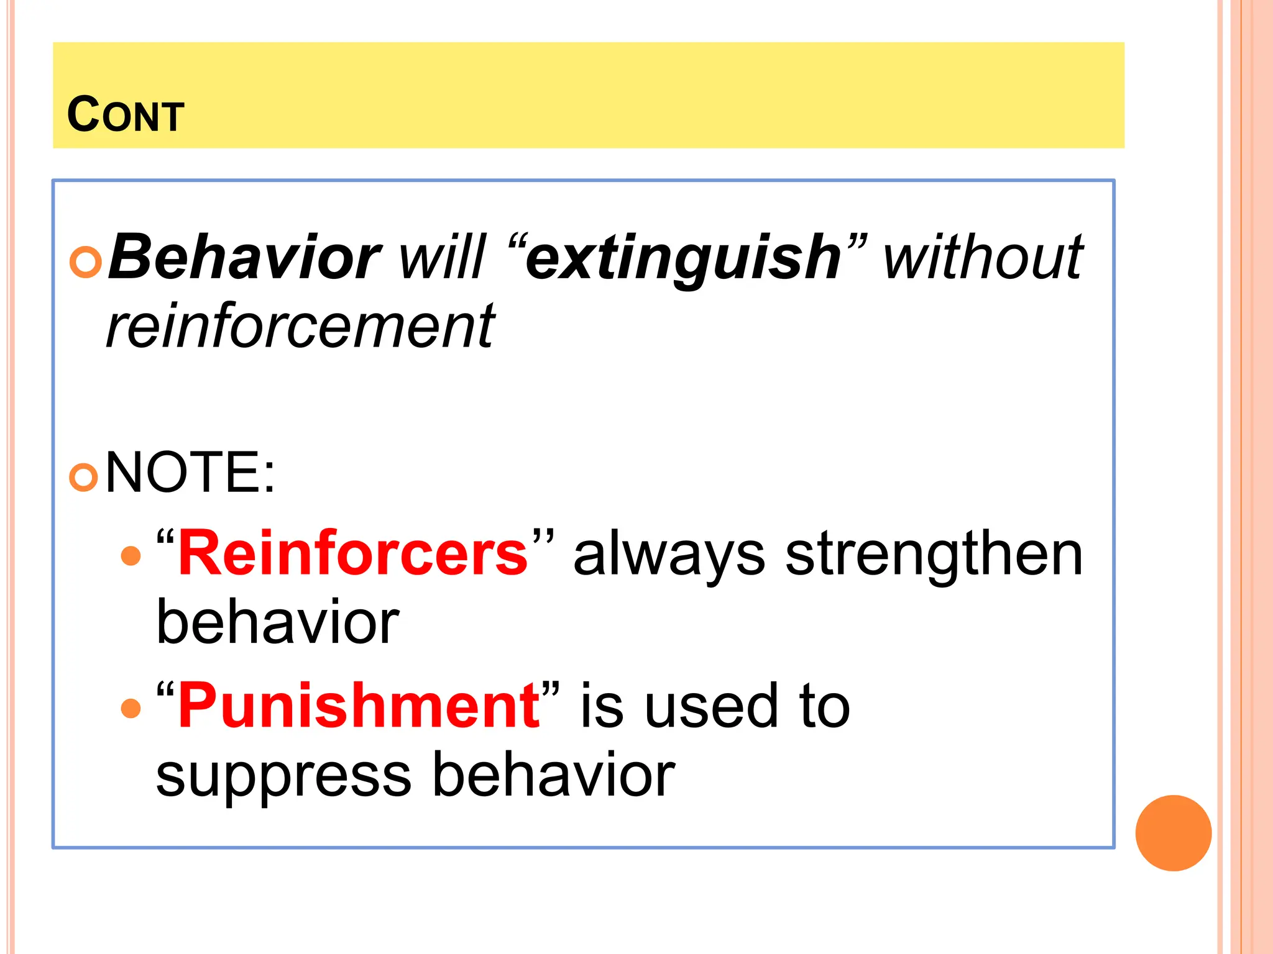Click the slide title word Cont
tap(126, 115)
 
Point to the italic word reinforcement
tap(300, 327)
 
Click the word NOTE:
tap(190, 473)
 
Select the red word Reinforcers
tap(353, 553)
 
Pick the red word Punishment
tap(359, 706)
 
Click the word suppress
tap(283, 776)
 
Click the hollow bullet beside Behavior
tap(85, 262)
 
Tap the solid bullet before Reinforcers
tap(131, 555)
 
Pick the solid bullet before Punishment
tap(131, 708)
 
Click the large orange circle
tap(1173, 833)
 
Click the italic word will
tap(441, 257)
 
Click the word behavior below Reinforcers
tap(277, 622)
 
